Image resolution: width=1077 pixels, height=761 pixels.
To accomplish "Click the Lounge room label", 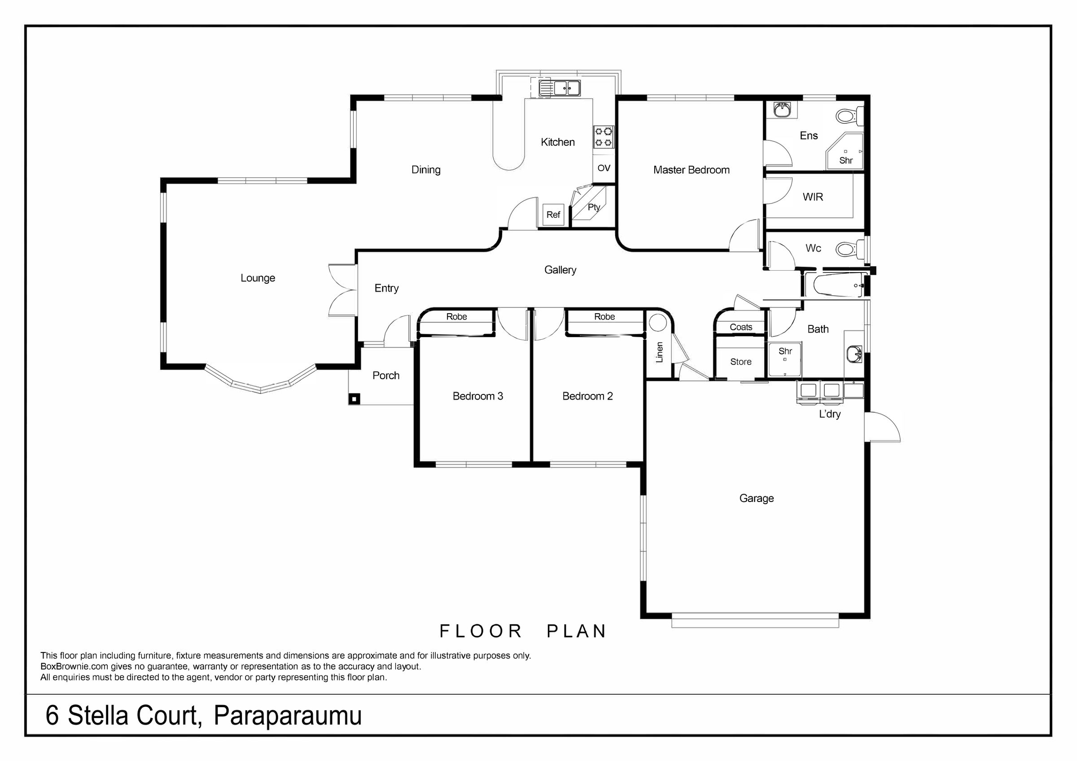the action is point(258,278).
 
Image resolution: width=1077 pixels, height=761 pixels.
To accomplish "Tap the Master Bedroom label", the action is point(692,170).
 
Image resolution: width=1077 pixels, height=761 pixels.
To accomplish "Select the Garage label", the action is point(757,498).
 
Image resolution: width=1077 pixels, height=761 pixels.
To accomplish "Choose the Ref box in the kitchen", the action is point(553,215).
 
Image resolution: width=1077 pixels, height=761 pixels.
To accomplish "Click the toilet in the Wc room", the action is point(850,248).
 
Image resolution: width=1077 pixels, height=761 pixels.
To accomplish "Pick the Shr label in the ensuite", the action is point(846,161).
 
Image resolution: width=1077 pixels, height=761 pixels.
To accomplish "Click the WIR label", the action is point(813,197).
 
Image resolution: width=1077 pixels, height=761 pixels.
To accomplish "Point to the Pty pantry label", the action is point(594,207).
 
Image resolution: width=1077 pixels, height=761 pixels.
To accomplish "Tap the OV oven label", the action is point(604,168).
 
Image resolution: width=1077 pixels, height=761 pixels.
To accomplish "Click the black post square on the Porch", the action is point(355,399).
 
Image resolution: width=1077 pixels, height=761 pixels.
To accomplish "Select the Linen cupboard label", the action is point(660,352).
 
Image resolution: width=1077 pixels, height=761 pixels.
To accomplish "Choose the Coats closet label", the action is point(741,327).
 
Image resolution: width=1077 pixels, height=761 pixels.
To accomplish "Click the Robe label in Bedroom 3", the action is point(456,317).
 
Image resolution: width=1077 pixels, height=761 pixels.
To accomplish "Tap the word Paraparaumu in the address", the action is point(288,716).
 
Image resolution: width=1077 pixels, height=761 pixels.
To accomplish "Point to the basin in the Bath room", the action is point(854,354).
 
